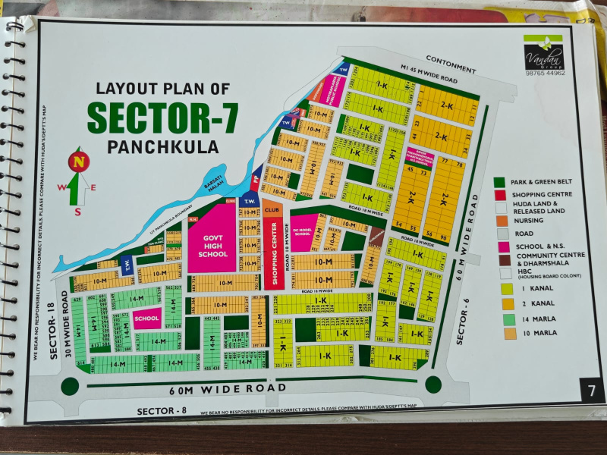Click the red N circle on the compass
(x=78, y=162)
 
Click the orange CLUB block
(x=272, y=209)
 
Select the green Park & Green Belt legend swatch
(x=499, y=182)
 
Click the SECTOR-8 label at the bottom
(x=162, y=411)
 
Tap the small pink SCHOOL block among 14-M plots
(x=146, y=318)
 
